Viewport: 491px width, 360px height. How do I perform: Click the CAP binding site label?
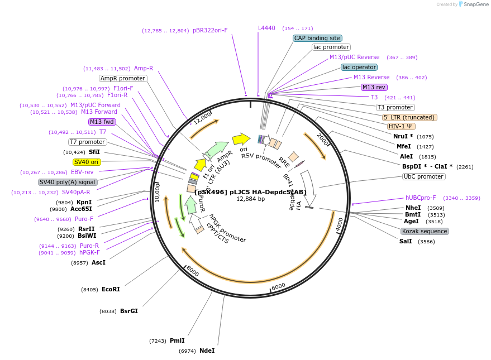click(x=317, y=38)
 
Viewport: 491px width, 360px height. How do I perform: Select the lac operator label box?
click(x=359, y=67)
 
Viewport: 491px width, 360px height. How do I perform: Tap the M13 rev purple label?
click(x=374, y=87)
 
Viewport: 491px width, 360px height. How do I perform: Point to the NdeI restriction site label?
click(x=207, y=351)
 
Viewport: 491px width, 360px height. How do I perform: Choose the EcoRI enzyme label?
click(x=111, y=289)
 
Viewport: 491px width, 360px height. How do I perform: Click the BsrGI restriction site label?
click(x=128, y=311)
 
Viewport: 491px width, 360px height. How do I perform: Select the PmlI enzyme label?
click(x=177, y=340)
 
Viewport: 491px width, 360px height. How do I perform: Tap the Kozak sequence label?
click(x=425, y=231)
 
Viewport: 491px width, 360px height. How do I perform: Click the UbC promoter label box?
click(x=423, y=176)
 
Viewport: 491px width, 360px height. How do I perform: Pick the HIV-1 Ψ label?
click(x=401, y=126)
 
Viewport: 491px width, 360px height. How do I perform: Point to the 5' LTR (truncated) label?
click(x=409, y=117)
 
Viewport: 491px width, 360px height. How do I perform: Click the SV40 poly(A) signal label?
click(x=68, y=182)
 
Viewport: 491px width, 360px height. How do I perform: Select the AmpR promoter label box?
click(x=123, y=78)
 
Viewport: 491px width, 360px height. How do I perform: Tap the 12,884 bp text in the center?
click(x=250, y=199)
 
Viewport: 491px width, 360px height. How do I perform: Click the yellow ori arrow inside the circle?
click(x=241, y=138)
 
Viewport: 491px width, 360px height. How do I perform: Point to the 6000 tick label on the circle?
click(x=278, y=286)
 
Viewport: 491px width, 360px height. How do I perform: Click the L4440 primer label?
click(x=266, y=28)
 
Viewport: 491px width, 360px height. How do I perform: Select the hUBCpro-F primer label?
click(x=421, y=198)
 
